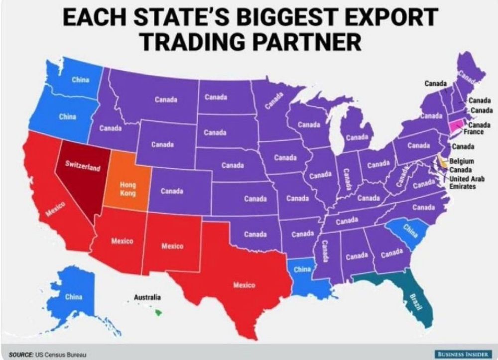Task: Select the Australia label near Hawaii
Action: pyautogui.click(x=147, y=297)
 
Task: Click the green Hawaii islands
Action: pyautogui.click(x=158, y=312)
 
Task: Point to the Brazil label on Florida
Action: pyautogui.click(x=412, y=302)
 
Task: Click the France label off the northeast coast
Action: pyautogui.click(x=474, y=132)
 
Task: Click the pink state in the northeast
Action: pyautogui.click(x=455, y=125)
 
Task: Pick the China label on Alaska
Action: pyautogui.click(x=74, y=297)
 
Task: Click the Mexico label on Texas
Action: pyautogui.click(x=244, y=285)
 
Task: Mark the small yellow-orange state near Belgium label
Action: pyautogui.click(x=442, y=162)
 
